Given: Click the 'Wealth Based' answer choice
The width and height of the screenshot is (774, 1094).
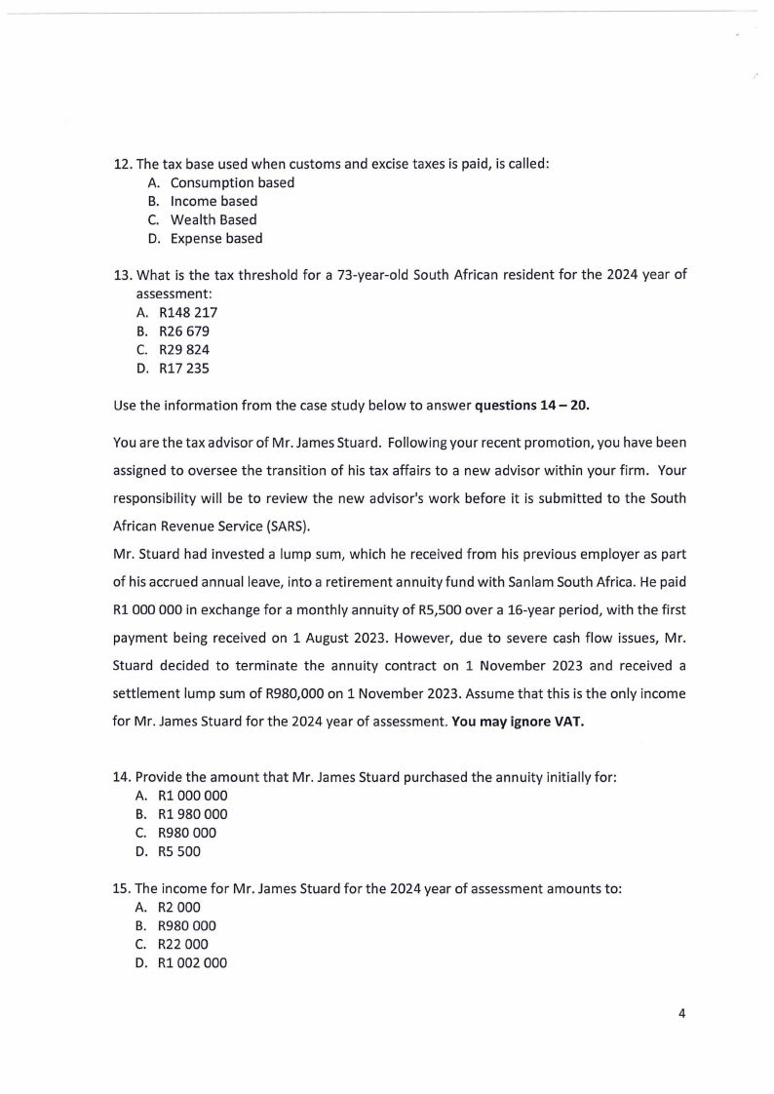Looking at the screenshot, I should tap(213, 219).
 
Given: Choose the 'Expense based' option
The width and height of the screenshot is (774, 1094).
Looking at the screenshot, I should tap(215, 238).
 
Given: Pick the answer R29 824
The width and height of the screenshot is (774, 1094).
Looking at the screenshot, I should tap(189, 349).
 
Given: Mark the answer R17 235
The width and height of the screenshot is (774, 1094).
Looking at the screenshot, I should tap(189, 368).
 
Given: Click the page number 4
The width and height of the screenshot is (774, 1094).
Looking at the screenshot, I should tap(682, 1012).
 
